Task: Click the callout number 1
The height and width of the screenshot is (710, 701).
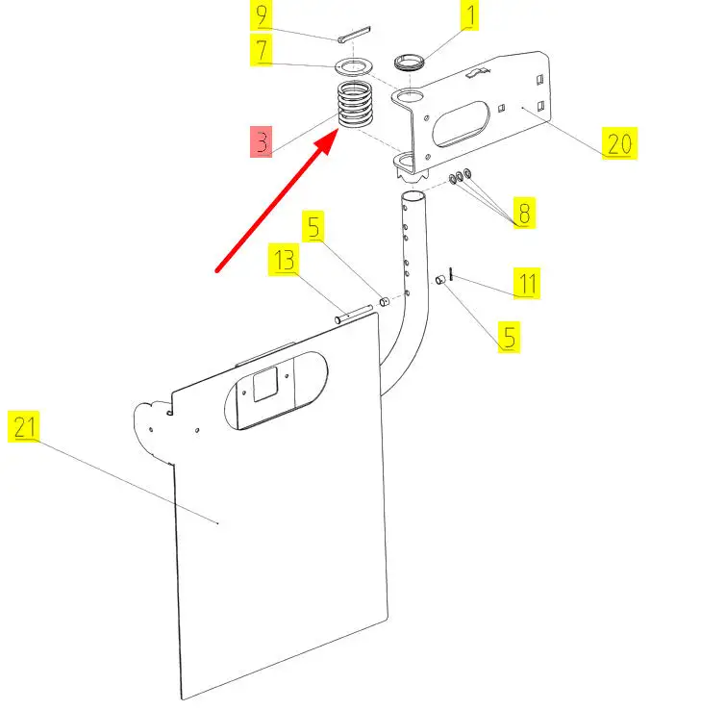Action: click(469, 15)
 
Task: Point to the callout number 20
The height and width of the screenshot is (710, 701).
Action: click(619, 144)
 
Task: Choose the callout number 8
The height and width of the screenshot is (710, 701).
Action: click(522, 213)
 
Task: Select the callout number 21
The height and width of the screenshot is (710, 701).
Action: click(24, 426)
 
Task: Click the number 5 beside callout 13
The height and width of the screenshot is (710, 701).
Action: click(315, 227)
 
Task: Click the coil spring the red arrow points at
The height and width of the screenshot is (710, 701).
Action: click(357, 105)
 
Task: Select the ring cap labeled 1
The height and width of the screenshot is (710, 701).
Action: click(411, 63)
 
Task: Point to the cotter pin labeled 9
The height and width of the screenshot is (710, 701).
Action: click(353, 36)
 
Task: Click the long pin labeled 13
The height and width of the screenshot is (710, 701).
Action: click(354, 312)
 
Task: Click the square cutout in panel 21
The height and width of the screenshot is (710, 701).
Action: click(263, 384)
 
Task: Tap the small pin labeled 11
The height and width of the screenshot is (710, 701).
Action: click(450, 279)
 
